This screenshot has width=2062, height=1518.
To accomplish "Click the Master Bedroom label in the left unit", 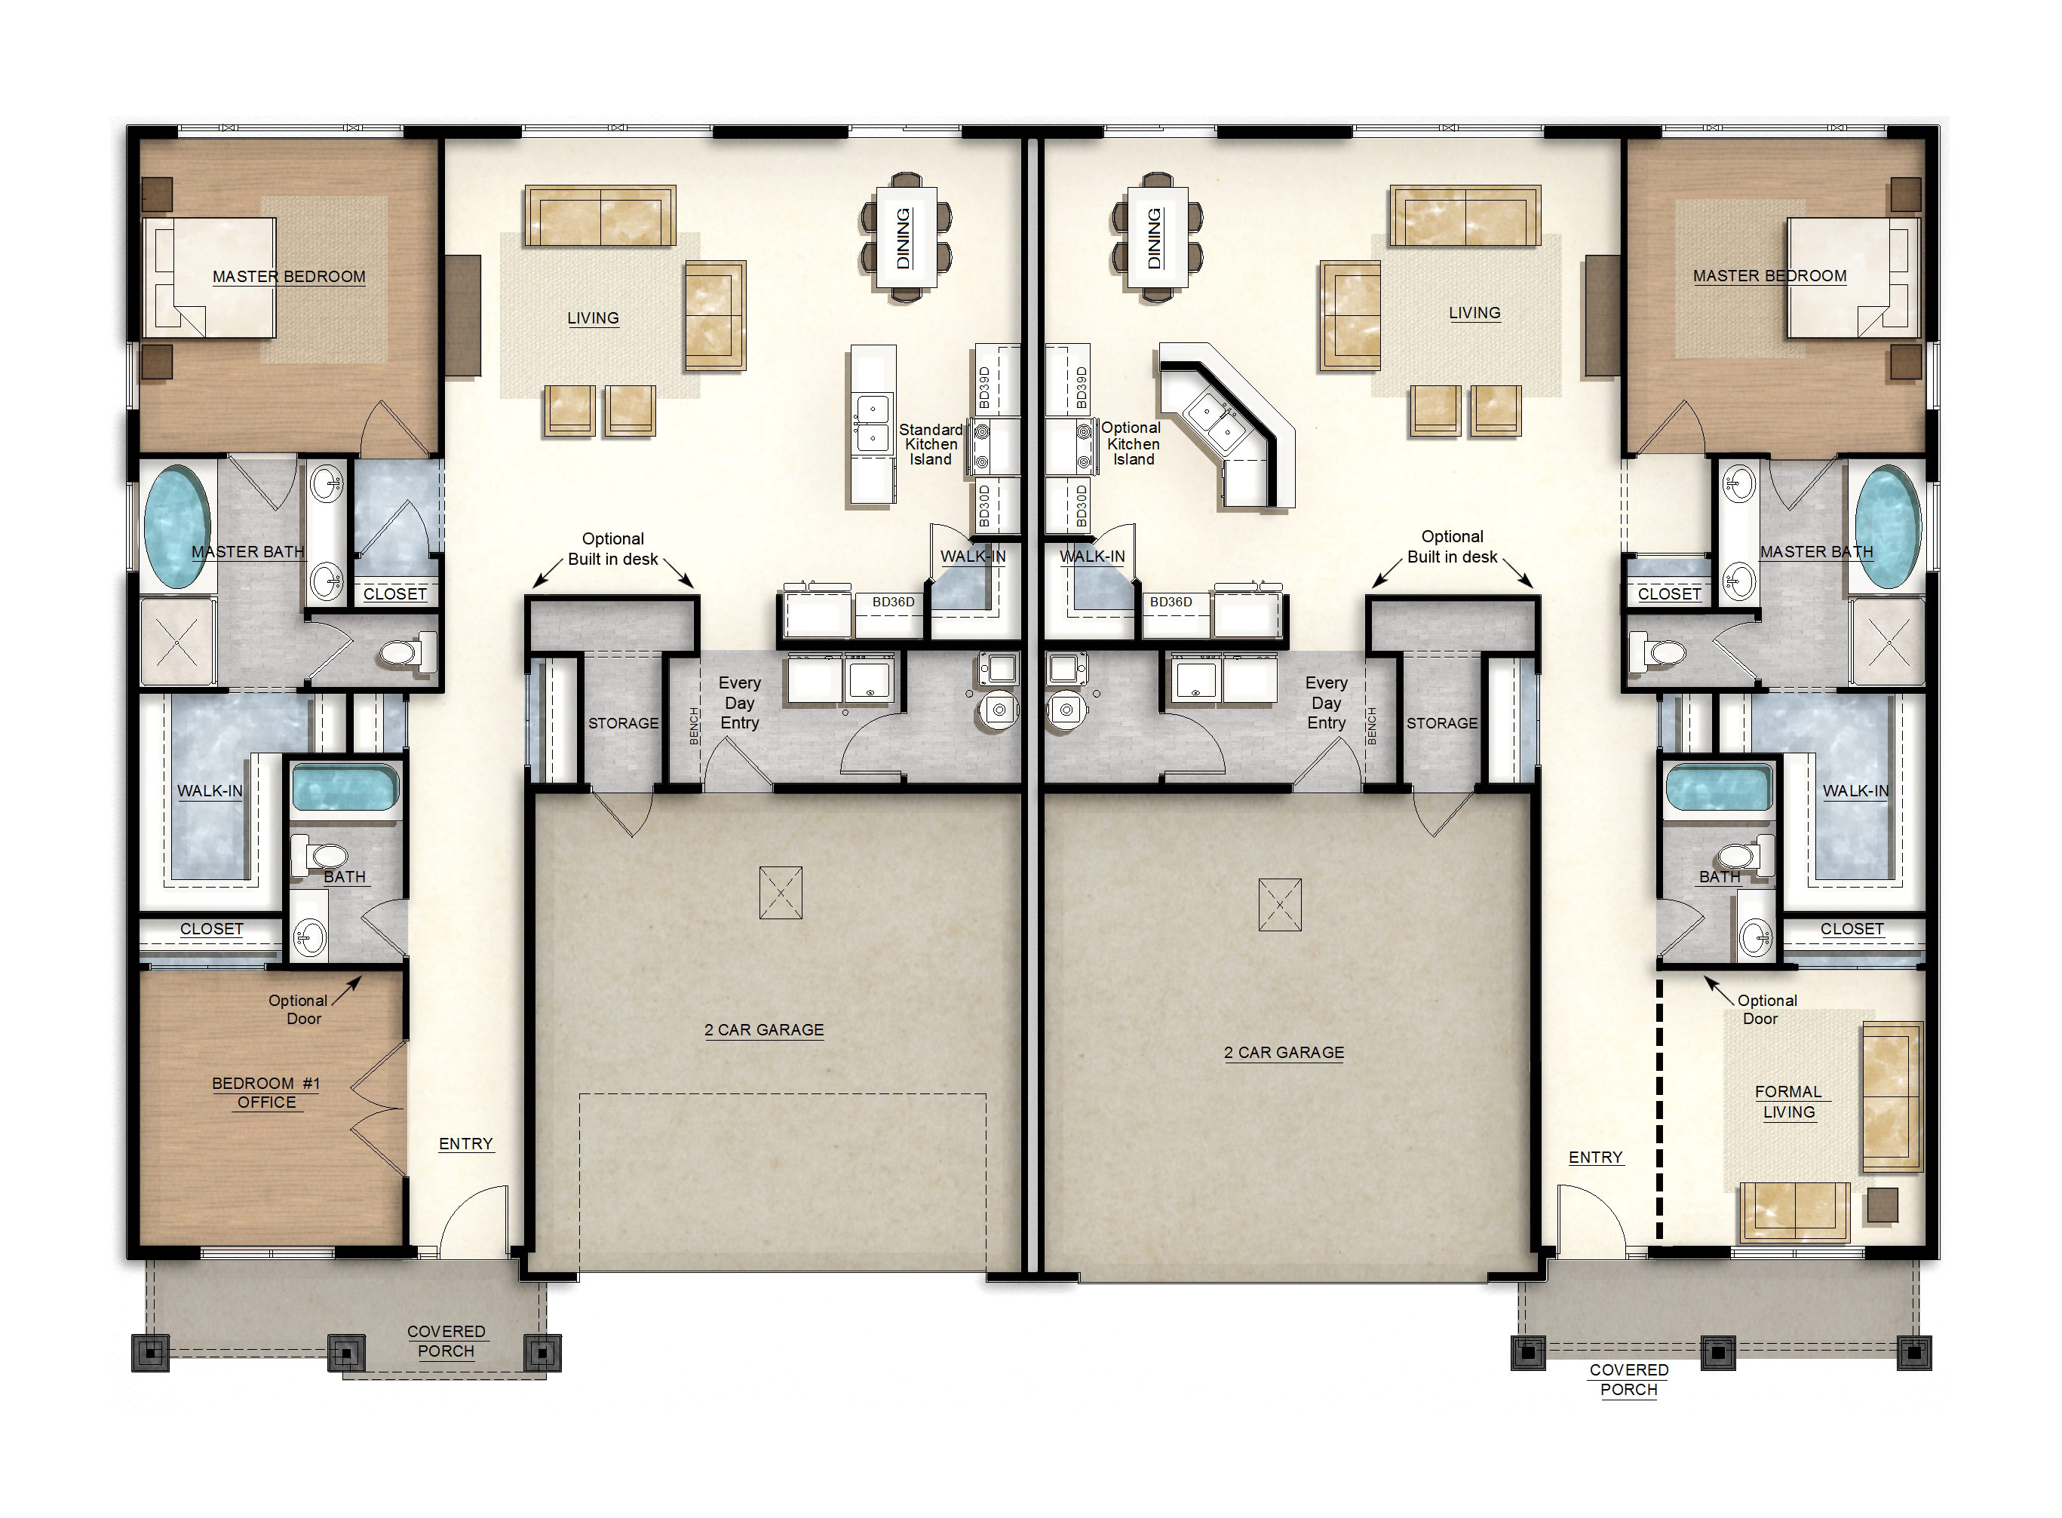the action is pos(289,277).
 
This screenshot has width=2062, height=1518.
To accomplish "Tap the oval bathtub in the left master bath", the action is pos(176,526).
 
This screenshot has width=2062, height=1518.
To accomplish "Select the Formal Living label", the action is pos(1788,1102).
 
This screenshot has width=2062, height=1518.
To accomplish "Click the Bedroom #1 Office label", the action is pos(265,1093).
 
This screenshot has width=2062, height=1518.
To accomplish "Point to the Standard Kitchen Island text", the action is pos(930,445).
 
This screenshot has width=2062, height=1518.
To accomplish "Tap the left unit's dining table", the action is pos(905,237).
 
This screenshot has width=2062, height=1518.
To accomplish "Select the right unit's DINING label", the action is pos(1154,238).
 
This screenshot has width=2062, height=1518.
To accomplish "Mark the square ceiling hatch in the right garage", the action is pos(1280,904).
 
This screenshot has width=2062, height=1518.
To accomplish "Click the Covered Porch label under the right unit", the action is pos(1628,1379).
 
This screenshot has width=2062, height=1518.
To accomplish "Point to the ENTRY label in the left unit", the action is pos(466,1144).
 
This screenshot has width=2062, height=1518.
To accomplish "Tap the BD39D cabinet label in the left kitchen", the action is pos(984,388).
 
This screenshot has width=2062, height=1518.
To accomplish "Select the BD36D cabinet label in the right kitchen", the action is pos(1171,602).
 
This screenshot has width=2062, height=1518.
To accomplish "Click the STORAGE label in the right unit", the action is pos(1442,723).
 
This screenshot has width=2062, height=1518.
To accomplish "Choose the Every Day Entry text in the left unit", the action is pos(739,703).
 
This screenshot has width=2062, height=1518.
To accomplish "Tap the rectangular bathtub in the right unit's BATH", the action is pos(1717,788).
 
